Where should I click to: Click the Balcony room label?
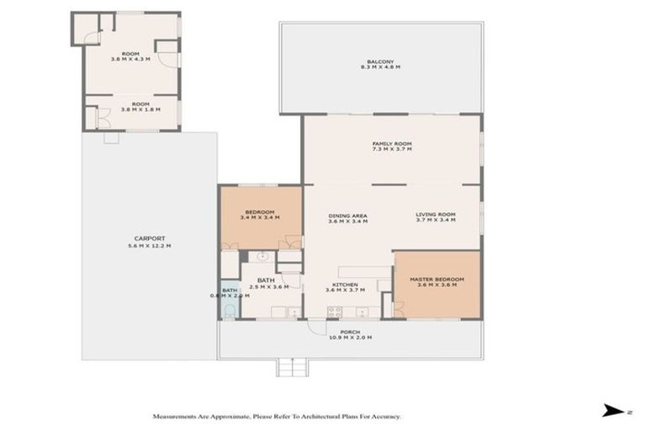point(380,64)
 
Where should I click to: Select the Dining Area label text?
point(347,218)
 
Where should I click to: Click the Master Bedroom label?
point(436,282)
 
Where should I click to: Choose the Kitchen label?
point(346,287)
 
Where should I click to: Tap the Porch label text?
point(349,334)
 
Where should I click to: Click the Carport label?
point(148,242)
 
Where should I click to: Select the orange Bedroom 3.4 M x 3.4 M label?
point(260,215)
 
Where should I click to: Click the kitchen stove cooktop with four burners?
point(334,311)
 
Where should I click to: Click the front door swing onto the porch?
point(315,328)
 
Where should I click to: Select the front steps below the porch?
point(292,368)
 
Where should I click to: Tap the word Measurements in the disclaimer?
point(176,416)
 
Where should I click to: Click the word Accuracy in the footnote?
point(384,416)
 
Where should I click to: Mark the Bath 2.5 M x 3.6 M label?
point(267,284)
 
